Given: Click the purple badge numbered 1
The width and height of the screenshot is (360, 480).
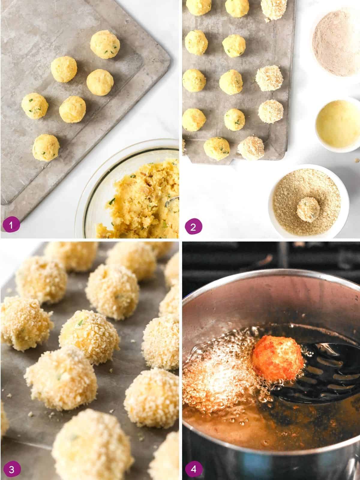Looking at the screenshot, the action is (x=11, y=224).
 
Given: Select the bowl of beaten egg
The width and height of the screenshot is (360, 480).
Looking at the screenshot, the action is (x=337, y=124).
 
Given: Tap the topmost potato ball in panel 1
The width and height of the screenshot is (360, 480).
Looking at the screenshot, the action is (x=105, y=45).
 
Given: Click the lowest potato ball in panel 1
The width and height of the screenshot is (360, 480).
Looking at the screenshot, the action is (x=46, y=148).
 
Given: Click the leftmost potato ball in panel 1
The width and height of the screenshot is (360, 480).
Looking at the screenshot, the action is (x=35, y=106).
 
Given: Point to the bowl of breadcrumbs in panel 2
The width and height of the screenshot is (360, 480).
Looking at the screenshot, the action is (x=308, y=201).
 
